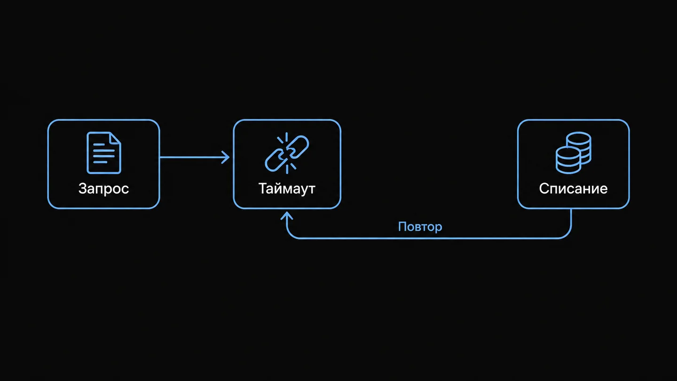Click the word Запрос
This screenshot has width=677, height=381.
click(x=103, y=189)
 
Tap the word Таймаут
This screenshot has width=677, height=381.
click(x=287, y=189)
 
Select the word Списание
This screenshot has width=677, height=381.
click(x=574, y=189)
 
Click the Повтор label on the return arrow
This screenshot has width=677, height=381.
click(x=420, y=227)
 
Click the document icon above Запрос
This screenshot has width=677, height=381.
click(x=104, y=153)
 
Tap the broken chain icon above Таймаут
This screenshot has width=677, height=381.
click(x=287, y=153)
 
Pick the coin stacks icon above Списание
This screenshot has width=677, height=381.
click(x=574, y=153)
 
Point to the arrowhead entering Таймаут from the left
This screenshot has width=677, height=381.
click(x=226, y=157)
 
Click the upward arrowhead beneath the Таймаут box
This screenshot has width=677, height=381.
click(x=286, y=215)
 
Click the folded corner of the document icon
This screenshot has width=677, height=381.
click(x=115, y=138)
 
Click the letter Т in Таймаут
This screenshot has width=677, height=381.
click(x=264, y=189)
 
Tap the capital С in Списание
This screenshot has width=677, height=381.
click(x=544, y=189)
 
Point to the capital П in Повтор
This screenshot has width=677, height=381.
click(x=402, y=227)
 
